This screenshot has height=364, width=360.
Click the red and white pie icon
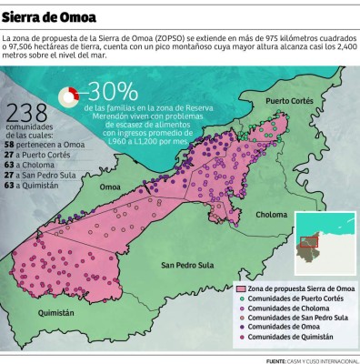click(69, 95)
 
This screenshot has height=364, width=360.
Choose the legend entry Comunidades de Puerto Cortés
click(290, 299)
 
